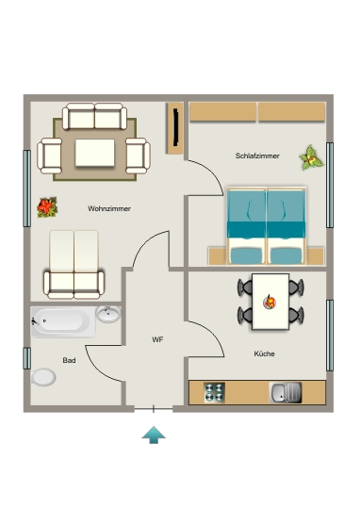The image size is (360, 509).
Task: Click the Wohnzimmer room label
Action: click(109, 208)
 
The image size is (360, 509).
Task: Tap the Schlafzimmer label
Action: click(257, 156)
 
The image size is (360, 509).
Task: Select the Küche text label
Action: click(264, 353)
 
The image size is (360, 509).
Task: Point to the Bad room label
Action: click(69, 360)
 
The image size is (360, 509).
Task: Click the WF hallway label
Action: click(157, 339)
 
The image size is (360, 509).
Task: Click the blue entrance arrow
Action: click(154, 435)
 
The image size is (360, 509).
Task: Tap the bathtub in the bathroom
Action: click(63, 321)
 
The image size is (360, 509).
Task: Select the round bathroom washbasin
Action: click(108, 314)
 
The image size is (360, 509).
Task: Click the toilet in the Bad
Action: click(43, 377)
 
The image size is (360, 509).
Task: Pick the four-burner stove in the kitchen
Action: click(214, 392)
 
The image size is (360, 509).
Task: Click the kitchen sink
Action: click(286, 392)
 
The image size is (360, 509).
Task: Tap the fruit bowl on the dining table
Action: click(270, 303)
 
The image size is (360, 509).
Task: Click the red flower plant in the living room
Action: click(47, 207)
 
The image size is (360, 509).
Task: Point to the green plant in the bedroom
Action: click(311, 158)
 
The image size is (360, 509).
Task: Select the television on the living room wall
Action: click(176, 127)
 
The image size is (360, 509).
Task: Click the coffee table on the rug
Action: click(95, 153)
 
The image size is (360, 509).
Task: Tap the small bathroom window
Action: click(27, 358)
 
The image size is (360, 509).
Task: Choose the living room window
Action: click(27, 189)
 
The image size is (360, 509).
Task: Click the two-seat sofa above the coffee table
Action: click(94, 116)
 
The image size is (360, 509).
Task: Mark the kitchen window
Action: click(330, 336)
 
